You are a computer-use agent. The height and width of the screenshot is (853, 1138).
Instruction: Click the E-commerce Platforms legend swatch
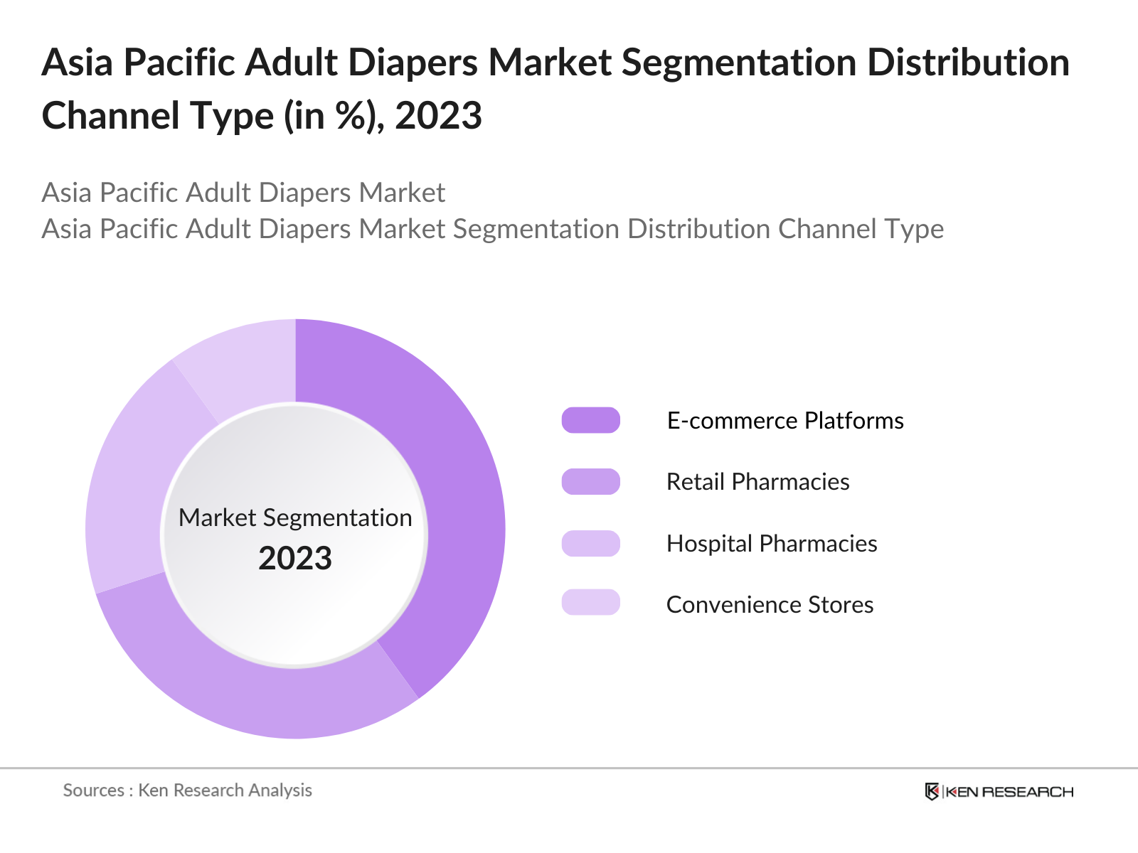click(x=590, y=420)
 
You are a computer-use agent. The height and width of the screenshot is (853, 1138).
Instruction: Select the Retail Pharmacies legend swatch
click(x=590, y=482)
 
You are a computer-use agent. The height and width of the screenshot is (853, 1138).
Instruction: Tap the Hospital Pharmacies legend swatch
click(x=590, y=543)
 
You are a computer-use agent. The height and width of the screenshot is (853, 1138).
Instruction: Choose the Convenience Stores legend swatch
click(x=590, y=602)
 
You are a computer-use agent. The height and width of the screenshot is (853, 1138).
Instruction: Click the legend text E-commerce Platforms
click(x=785, y=420)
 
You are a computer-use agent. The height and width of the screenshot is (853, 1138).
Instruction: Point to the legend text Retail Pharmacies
click(x=757, y=482)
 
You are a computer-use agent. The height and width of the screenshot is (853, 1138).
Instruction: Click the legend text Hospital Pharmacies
click(x=772, y=543)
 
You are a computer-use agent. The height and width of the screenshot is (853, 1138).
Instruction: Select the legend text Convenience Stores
click(x=770, y=604)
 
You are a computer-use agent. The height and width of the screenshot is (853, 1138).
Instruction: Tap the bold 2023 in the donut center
click(x=295, y=558)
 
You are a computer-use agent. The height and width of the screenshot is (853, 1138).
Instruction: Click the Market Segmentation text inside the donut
click(x=295, y=517)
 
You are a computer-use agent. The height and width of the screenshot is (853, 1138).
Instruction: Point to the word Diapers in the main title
click(x=413, y=63)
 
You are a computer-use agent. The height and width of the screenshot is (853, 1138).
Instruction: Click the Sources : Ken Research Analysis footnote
click(x=187, y=790)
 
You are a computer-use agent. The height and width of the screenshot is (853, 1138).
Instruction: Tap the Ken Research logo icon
click(x=932, y=791)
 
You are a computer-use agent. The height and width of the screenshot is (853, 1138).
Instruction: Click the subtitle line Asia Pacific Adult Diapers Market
click(x=243, y=192)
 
